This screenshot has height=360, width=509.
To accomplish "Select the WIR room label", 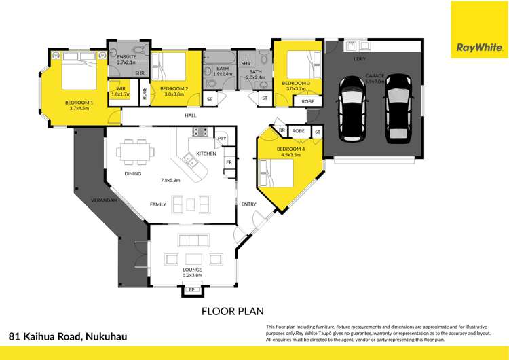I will pos(121,88).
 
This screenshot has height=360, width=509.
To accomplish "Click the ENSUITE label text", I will pos(127,57).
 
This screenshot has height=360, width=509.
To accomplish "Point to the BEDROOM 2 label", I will pos(174,89).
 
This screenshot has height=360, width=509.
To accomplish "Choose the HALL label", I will pos(191,115).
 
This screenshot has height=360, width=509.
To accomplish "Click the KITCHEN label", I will pos(206,154).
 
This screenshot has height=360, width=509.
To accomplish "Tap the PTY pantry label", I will pos(221,139).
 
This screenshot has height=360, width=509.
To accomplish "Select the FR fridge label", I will pos(229,163).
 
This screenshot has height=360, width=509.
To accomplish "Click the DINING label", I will pos(133,173).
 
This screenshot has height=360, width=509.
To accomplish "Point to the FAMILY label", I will pos(157,204).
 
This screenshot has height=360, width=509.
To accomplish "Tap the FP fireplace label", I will pos(191,290).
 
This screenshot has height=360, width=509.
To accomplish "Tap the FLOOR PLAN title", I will pos(232,312).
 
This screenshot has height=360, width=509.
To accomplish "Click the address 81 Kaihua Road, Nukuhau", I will pos(68,336).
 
